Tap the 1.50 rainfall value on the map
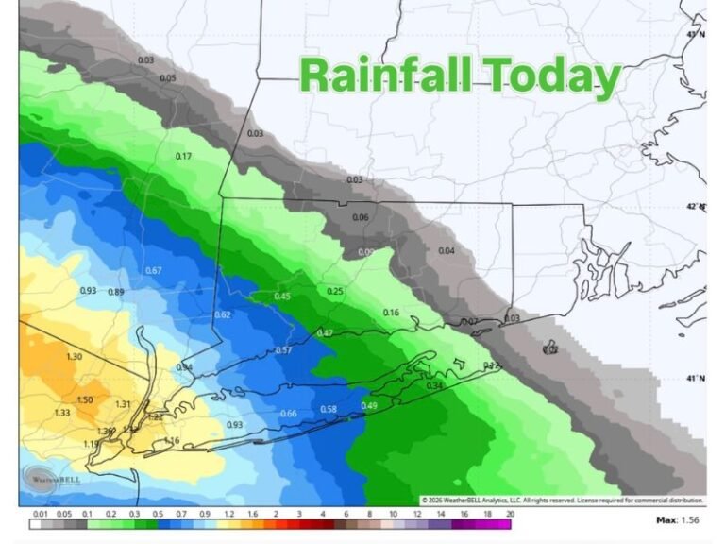84,399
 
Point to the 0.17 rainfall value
183,156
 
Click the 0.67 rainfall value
154,271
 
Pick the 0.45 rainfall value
282,297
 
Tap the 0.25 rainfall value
335,291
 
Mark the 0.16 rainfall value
391,313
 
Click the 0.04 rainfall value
447,250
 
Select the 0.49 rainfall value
369,406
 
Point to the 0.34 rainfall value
434,385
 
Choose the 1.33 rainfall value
62,413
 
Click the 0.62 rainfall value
223,314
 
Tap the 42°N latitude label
695,206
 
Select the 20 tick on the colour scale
510,514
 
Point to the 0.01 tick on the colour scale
40,514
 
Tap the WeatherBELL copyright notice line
562,500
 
